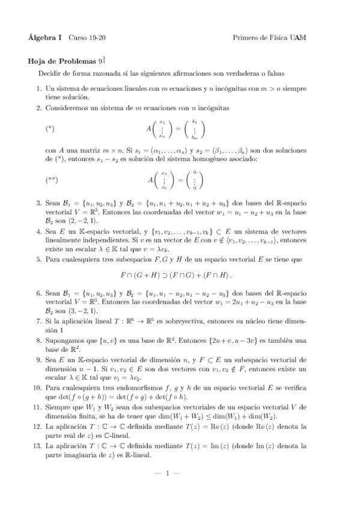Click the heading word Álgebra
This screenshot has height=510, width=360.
(x=40, y=38)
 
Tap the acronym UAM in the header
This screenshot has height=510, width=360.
(x=297, y=38)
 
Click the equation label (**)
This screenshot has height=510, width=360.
(x=51, y=180)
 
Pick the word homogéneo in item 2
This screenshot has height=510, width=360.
(x=224, y=159)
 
